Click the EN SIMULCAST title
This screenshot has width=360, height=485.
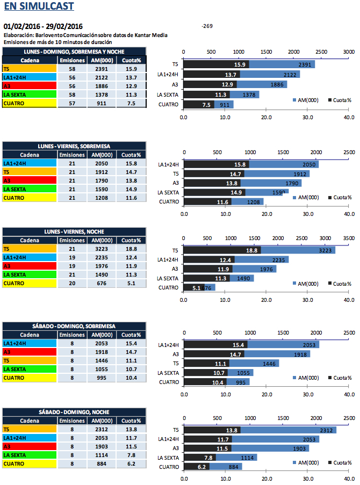39,7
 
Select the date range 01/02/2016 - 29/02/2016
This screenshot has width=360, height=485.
43,26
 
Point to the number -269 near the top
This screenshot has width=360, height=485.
207,26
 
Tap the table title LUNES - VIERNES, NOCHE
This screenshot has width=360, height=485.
74,231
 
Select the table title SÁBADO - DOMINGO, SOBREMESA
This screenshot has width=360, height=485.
74,325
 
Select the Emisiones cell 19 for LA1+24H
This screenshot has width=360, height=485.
71,257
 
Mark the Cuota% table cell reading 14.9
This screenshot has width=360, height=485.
129,189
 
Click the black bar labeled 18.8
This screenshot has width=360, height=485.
222,250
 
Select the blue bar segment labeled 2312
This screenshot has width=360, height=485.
287,430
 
